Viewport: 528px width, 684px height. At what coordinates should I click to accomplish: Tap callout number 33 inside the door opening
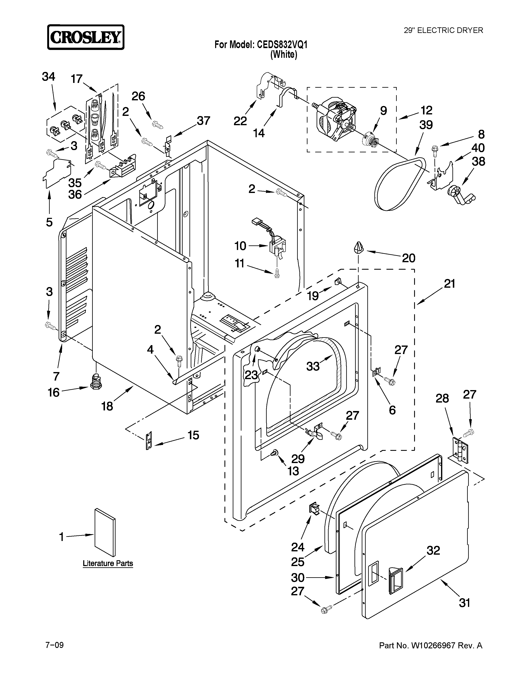click(x=313, y=366)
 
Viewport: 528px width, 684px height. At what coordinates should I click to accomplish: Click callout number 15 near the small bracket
click(x=193, y=435)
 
